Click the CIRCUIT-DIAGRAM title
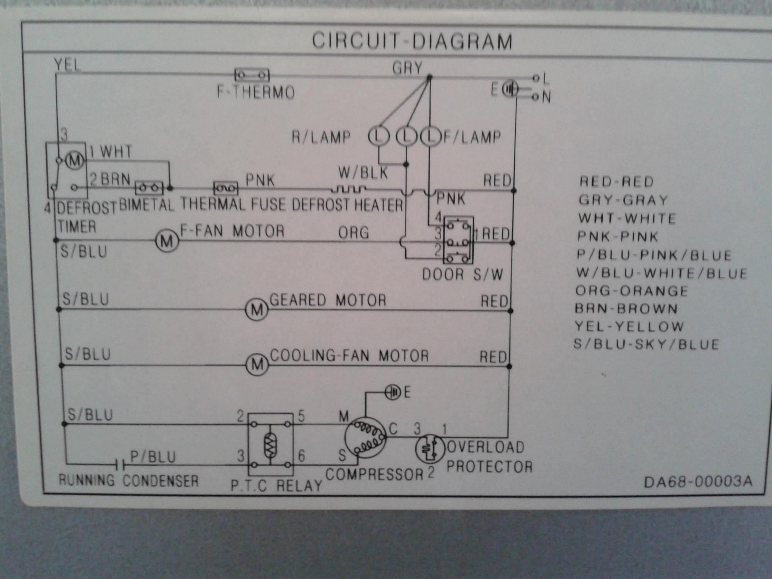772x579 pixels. pos(412,41)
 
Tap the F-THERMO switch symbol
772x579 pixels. pos(252,74)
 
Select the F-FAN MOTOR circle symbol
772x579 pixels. pos(167,241)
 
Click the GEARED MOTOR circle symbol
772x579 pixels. pos(257,310)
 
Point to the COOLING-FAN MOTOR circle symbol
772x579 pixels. pos(257,365)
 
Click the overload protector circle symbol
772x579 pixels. pos(430,449)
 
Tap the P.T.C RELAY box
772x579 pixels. pos(270,445)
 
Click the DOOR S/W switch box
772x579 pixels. pos(458,240)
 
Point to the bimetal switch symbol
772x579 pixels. pos(149,188)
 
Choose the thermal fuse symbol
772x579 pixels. pos(226,188)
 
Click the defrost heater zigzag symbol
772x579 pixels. pos(349,189)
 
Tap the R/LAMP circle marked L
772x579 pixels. pos(379,136)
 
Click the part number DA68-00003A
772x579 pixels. pos(698,481)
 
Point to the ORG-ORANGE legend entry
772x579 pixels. pos(631,291)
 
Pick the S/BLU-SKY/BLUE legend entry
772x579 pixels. pos(646,344)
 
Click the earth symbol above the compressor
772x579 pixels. pos(393,393)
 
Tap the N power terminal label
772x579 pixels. pos(546,96)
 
